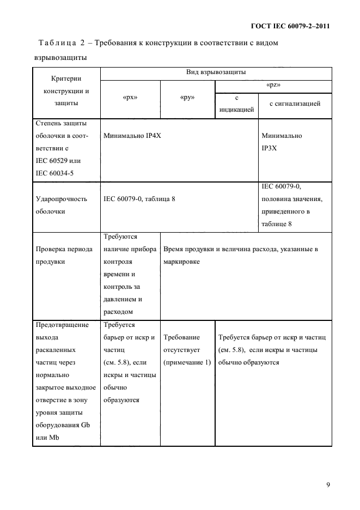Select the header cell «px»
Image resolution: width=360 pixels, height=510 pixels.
pos(130,98)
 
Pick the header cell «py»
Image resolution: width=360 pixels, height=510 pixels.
pos(187,98)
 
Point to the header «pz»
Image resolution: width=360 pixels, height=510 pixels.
pos(273,86)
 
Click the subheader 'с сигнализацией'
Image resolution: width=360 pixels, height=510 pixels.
pos(295,103)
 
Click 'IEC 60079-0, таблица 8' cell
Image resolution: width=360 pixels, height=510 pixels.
pos(139,199)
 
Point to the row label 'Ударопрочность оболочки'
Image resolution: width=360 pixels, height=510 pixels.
pos(61,205)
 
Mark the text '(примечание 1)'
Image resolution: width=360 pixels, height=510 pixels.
pos(187,363)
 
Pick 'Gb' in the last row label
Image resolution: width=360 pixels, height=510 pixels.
pos(85,426)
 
